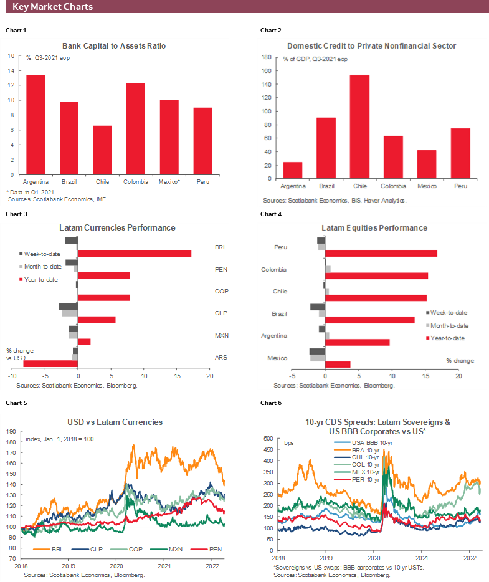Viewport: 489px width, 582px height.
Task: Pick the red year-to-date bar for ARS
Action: tap(50, 363)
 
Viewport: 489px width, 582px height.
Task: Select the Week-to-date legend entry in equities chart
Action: tap(449, 313)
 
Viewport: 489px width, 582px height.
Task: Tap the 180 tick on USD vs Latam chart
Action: tap(11, 442)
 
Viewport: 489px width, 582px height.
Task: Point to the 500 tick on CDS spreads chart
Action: tap(268, 439)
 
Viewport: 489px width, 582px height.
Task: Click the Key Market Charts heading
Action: tap(53, 7)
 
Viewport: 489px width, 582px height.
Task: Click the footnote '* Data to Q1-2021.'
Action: tap(31, 193)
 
